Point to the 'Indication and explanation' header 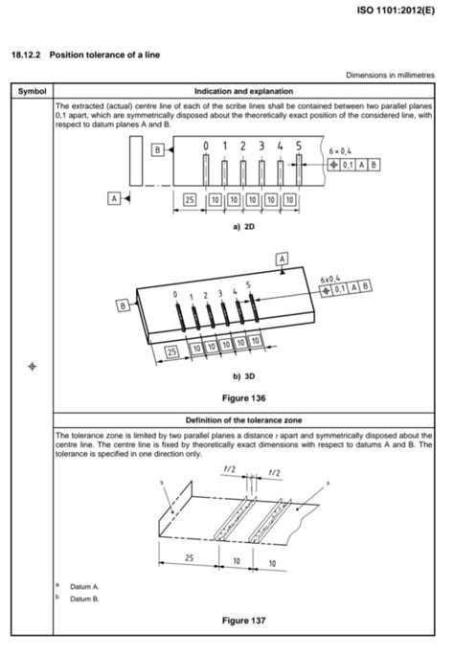[245, 90]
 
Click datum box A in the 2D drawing [115, 198]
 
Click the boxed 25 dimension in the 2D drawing [190, 198]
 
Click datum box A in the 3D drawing [283, 259]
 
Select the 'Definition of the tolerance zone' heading [245, 419]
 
